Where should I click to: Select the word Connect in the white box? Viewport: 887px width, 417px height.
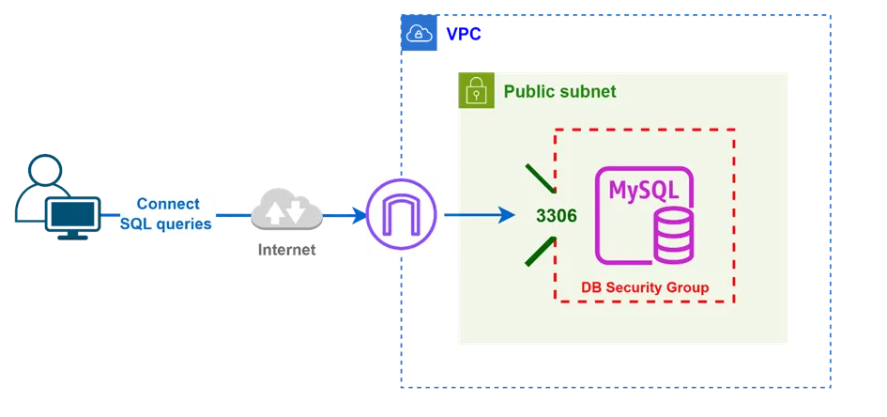[x=168, y=204]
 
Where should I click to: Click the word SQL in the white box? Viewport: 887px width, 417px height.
[x=136, y=224]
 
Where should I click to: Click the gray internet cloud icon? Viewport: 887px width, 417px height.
[x=285, y=213]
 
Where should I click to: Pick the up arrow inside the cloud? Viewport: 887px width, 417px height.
[x=274, y=213]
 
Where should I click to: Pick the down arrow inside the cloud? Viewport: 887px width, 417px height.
[x=296, y=212]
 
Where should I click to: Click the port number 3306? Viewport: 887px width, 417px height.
[x=556, y=216]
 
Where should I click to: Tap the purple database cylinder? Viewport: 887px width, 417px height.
[x=673, y=235]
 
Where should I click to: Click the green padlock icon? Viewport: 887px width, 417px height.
[x=476, y=89]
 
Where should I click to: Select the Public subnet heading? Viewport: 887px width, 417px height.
[x=559, y=91]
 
